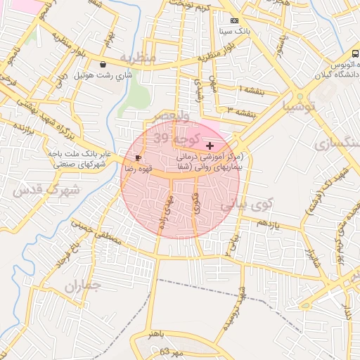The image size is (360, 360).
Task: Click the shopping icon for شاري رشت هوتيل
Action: [103, 65]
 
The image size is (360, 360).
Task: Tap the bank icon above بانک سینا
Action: [234, 21]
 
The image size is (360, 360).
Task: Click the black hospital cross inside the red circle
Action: [210, 145]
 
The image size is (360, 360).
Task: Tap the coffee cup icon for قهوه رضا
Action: [138, 157]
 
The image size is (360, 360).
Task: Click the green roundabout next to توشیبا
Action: [301, 94]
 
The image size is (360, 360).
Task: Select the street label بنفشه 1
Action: [250, 89]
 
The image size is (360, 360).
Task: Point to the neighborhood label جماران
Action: [82, 285]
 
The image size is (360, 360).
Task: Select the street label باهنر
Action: [159, 335]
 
